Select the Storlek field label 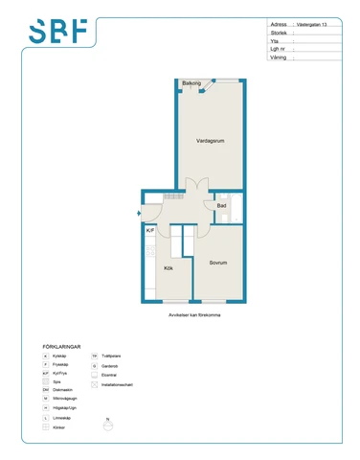tap(279, 33)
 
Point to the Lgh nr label tap(280, 49)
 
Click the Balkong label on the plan tap(191, 83)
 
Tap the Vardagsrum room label tap(210, 141)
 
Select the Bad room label tap(221, 206)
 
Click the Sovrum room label tap(218, 263)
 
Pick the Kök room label tap(168, 268)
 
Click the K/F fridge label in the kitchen tap(150, 231)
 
